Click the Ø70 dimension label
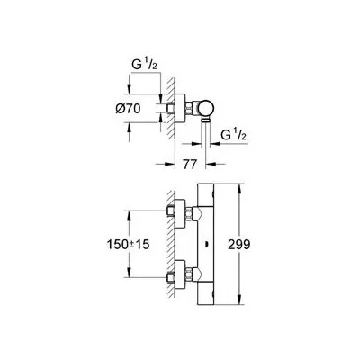pos(128,108)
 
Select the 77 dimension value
pos(190,164)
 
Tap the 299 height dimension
pos(238,245)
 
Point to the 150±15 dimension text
pos(128,245)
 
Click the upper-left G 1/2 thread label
pos(144,65)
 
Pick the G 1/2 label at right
pos(233,135)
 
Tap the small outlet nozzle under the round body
pos(205,120)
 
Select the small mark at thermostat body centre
pos(205,245)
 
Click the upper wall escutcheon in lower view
pos(180,215)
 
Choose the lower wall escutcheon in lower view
pos(180,275)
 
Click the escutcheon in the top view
pos(180,108)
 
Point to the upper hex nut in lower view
pos(189,214)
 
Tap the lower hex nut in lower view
pos(189,275)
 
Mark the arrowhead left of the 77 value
pos(169,164)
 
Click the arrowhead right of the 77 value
pos(211,164)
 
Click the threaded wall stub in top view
pos(171,108)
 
